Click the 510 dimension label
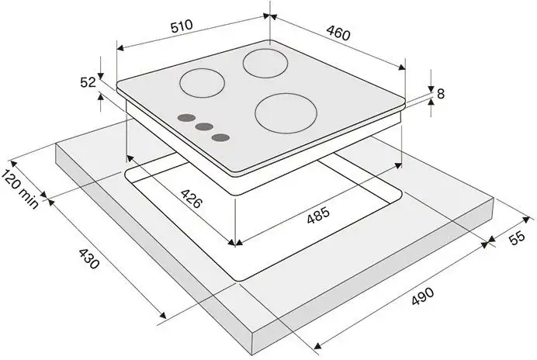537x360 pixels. [x=182, y=26]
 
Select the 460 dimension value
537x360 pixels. [x=338, y=33]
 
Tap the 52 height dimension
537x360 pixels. [x=88, y=82]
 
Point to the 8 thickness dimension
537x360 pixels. [x=441, y=94]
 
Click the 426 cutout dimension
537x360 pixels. [x=191, y=199]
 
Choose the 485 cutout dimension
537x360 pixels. [x=318, y=215]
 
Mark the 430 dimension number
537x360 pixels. [x=89, y=258]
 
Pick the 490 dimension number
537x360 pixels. [x=423, y=296]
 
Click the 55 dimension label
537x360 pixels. [x=517, y=237]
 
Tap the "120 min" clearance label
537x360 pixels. [x=19, y=189]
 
